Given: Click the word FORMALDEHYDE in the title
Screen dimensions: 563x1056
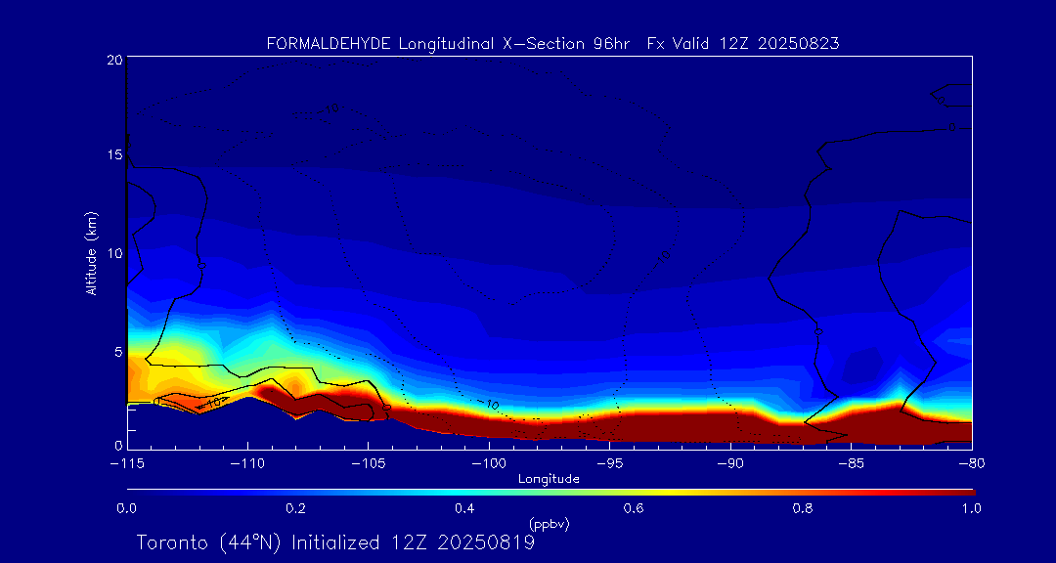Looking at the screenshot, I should pyautogui.click(x=329, y=44).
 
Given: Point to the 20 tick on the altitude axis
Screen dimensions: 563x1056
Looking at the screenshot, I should pyautogui.click(x=113, y=60).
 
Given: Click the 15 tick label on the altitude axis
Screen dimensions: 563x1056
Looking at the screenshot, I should pyautogui.click(x=113, y=155).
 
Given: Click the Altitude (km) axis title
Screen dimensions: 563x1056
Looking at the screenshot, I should pyautogui.click(x=92, y=253).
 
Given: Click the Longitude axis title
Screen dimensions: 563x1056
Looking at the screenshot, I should pyautogui.click(x=549, y=479).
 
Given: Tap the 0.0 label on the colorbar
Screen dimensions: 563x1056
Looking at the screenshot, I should pyautogui.click(x=126, y=508).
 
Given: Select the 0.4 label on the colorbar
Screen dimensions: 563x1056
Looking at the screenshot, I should pyautogui.click(x=464, y=508).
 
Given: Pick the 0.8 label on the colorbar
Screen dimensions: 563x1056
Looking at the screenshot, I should pyautogui.click(x=803, y=508).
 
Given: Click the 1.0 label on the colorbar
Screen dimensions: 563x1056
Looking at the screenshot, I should pyautogui.click(x=972, y=508).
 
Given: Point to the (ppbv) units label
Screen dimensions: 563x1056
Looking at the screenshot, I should pyautogui.click(x=549, y=524).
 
